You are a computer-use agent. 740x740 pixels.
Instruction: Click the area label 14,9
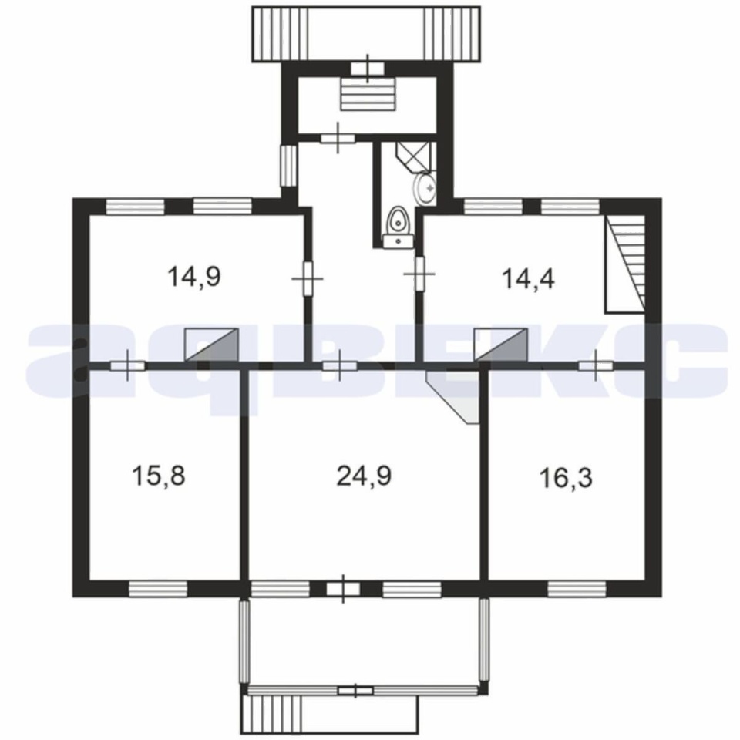pos(193,277)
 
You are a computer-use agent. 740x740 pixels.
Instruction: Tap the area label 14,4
pos(528,278)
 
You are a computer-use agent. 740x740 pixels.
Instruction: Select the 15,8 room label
pos(159,476)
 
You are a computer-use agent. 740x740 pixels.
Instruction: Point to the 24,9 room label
pos(364,476)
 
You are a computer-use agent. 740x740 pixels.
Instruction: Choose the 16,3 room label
pos(565,478)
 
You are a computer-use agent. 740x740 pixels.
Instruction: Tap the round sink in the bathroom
pos(425,189)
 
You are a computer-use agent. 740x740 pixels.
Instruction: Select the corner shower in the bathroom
pos(413,156)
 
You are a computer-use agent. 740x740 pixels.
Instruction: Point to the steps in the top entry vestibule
pos(368,94)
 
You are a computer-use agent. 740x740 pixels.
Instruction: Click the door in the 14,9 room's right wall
pos(308,278)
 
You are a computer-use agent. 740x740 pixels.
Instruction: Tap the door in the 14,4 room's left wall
pos(419,273)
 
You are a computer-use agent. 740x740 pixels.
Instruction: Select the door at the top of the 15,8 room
pos(127,365)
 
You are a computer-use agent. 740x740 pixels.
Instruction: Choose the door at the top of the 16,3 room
pos(596,365)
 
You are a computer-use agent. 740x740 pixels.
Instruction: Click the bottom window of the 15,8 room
pos(158,588)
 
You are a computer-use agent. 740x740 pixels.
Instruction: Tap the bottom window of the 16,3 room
pos(577,588)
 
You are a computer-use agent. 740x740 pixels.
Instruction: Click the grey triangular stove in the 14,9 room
pos(212,345)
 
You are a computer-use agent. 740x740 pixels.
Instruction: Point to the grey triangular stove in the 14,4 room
pos(501,345)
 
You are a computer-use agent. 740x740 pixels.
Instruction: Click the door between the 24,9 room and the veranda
pos(343,588)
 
